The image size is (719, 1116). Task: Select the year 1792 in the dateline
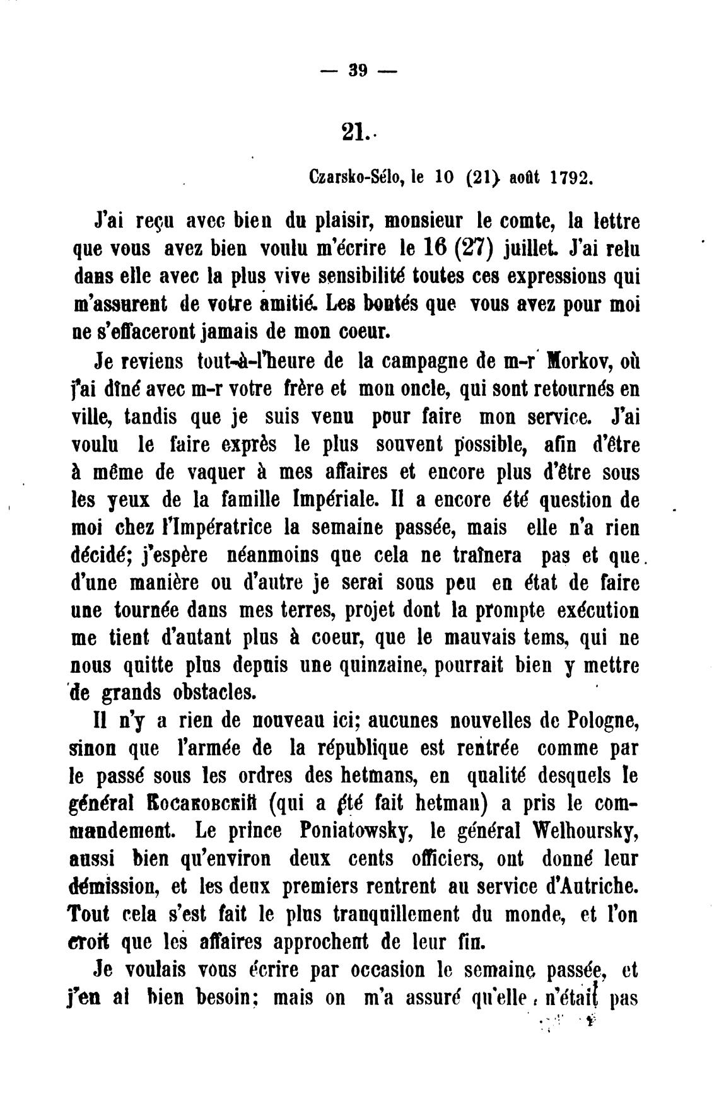pyautogui.click(x=571, y=177)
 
